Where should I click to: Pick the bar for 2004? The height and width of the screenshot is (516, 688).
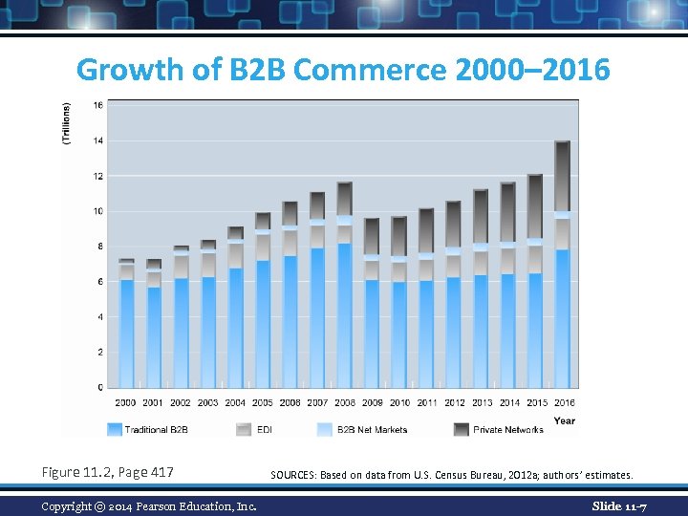235,307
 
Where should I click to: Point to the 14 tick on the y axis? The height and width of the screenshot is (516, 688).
97,140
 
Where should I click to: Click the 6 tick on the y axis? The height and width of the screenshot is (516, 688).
98,282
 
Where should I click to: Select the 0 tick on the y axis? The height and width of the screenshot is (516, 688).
98,387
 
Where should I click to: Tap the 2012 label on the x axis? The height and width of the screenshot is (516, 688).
454,403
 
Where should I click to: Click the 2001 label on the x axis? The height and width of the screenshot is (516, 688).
153,403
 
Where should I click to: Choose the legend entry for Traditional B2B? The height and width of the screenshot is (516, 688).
148,430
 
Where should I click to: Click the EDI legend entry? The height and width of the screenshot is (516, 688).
253,430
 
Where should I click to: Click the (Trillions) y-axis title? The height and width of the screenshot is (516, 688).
66,123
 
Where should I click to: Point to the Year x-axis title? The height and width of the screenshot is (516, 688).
565,420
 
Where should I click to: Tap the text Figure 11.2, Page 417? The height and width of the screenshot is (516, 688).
108,472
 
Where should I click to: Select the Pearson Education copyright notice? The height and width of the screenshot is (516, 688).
148,505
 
